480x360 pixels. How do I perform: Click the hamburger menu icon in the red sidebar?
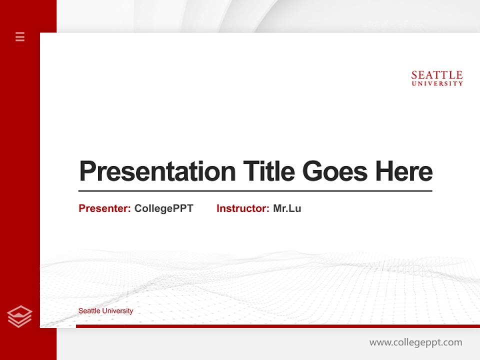pos(20,36)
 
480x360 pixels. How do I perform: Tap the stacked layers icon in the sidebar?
pos(19,316)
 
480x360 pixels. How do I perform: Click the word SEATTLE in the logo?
pos(437,75)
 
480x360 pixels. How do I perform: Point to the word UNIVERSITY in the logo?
pos(437,84)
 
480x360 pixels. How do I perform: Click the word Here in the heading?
pos(404,171)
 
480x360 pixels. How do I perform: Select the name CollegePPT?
pos(163,208)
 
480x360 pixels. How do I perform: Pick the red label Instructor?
pos(243,208)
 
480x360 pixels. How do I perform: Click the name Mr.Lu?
pos(287,208)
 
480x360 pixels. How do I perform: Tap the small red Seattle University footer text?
pos(105,311)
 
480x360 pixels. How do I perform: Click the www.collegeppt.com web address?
pos(415,342)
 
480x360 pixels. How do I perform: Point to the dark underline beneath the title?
pos(255,190)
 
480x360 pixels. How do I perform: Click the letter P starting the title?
pos(87,171)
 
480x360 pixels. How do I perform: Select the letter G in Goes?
pos(313,171)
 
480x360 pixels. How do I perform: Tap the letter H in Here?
pos(385,171)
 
